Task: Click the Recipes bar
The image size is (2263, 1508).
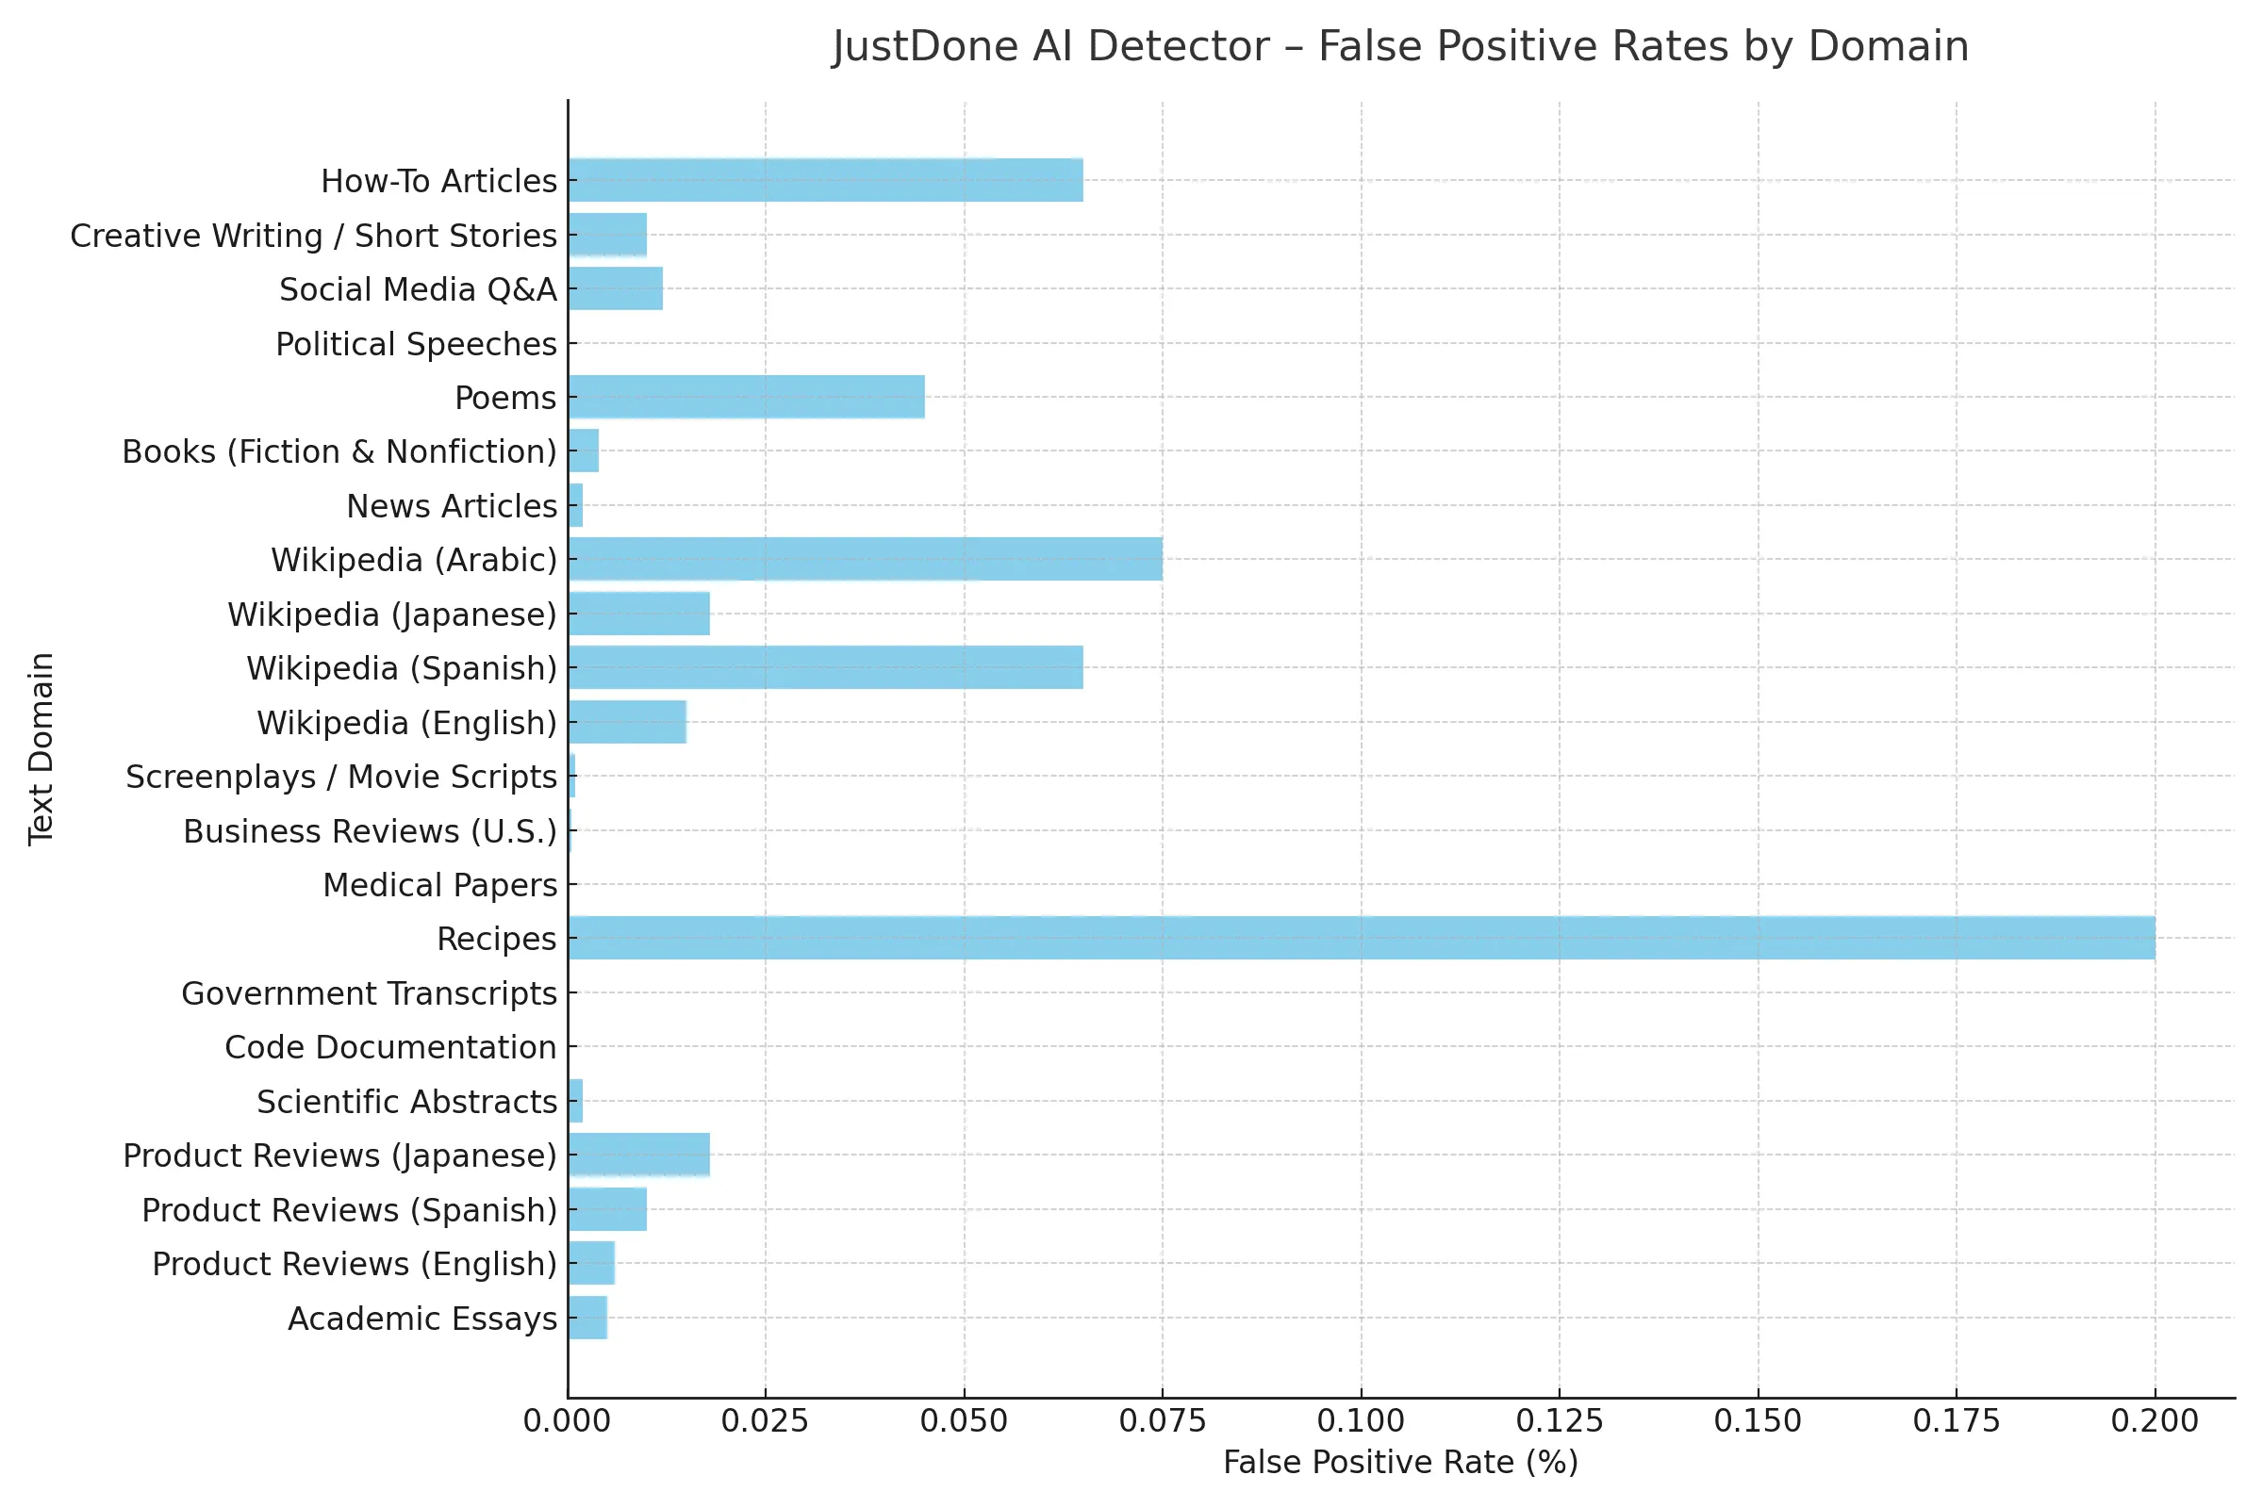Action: (1361, 938)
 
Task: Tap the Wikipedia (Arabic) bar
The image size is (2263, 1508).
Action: (864, 559)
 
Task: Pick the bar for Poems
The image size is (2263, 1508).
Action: (746, 397)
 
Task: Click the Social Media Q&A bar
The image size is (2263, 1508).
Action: (615, 288)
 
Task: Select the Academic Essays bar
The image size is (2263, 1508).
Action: (586, 1318)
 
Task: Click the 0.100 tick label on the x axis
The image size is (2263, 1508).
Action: (1361, 1420)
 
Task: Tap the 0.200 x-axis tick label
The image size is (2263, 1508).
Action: (2155, 1420)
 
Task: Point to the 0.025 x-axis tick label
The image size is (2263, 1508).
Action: (765, 1420)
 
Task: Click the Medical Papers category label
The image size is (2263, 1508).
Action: (439, 885)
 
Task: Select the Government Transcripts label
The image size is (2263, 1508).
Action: (369, 993)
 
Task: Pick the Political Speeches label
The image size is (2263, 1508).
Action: (416, 344)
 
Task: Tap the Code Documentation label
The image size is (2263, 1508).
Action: (389, 1047)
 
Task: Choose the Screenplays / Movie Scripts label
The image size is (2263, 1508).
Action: (340, 777)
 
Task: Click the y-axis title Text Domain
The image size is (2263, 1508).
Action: (41, 749)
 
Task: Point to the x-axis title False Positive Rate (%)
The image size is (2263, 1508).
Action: (1400, 1463)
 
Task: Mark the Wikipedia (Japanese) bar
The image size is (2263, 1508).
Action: (639, 614)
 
